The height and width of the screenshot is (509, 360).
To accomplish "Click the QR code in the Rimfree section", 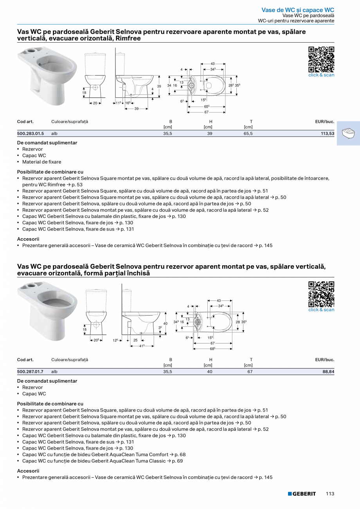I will click(x=321, y=59).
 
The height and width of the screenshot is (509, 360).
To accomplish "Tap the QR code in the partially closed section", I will click(x=321, y=294).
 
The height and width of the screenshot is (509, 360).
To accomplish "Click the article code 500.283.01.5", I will click(x=31, y=133).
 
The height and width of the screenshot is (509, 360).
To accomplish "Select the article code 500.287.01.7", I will click(x=30, y=372).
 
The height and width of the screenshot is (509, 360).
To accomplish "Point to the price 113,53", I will click(x=327, y=133).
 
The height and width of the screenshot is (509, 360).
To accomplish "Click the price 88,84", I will click(x=328, y=372).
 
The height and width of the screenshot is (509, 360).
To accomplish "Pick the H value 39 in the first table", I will click(x=210, y=133).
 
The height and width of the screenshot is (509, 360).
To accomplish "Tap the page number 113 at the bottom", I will click(x=330, y=494).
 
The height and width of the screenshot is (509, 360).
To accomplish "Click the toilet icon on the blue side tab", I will click(x=348, y=133).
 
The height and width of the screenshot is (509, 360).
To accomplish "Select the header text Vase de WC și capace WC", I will click(x=298, y=10).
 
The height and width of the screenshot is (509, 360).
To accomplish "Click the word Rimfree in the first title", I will click(x=128, y=39).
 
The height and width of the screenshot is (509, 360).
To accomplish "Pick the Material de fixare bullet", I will click(x=41, y=162).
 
